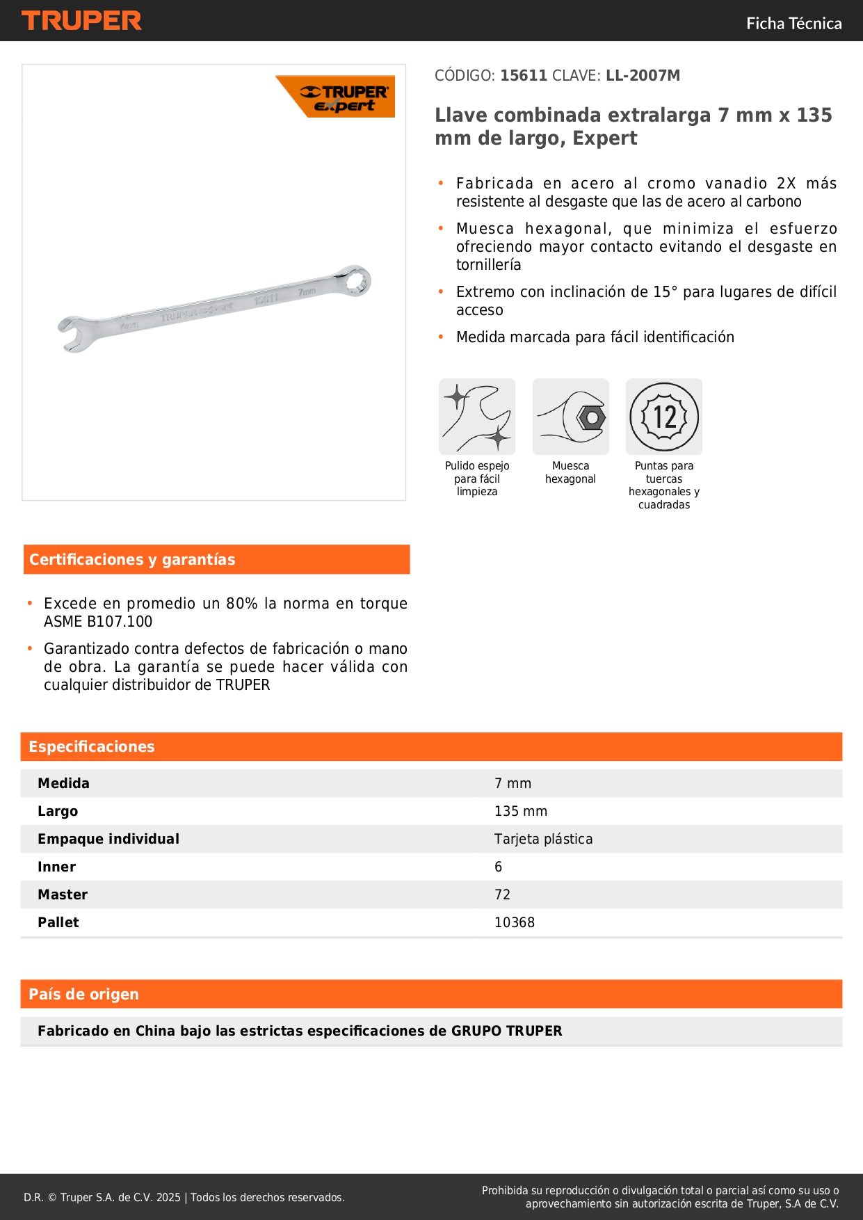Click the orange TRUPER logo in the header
pyautogui.click(x=81, y=21)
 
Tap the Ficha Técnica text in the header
pyautogui.click(x=793, y=24)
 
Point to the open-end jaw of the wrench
pyautogui.click(x=74, y=334)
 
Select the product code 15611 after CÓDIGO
pyautogui.click(x=524, y=76)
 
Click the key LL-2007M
pyautogui.click(x=643, y=76)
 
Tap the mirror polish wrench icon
pyautogui.click(x=477, y=417)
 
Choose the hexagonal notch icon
pyautogui.click(x=570, y=417)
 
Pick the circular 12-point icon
pyautogui.click(x=664, y=417)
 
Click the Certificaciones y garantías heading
pyautogui.click(x=132, y=560)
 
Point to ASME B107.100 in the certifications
pyautogui.click(x=98, y=622)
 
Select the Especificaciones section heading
pyautogui.click(x=92, y=747)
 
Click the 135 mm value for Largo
pyautogui.click(x=521, y=812)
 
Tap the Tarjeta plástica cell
pyautogui.click(x=543, y=840)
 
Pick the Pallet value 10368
pyautogui.click(x=515, y=923)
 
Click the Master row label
pyautogui.click(x=63, y=895)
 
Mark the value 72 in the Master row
pyautogui.click(x=502, y=895)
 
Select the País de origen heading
pyautogui.click(x=83, y=995)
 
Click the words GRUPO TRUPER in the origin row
pyautogui.click(x=506, y=1032)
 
